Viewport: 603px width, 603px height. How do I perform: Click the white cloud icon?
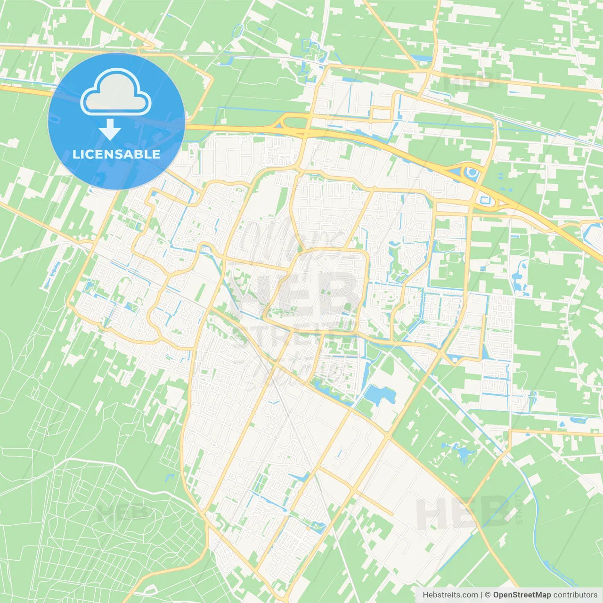(116, 92)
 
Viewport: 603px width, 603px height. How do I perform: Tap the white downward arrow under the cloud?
(110, 130)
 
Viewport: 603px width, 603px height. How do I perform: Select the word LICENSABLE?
(116, 154)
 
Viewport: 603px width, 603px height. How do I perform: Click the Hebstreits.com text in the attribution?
(450, 595)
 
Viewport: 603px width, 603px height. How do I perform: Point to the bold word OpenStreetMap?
(522, 595)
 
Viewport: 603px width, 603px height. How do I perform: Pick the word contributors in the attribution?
(575, 595)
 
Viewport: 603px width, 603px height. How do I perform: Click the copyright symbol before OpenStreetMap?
(488, 595)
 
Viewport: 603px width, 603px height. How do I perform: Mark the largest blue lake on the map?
(380, 395)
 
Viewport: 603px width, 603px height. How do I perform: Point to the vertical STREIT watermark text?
(519, 509)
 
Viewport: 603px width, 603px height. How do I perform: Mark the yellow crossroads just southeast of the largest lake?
(388, 436)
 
